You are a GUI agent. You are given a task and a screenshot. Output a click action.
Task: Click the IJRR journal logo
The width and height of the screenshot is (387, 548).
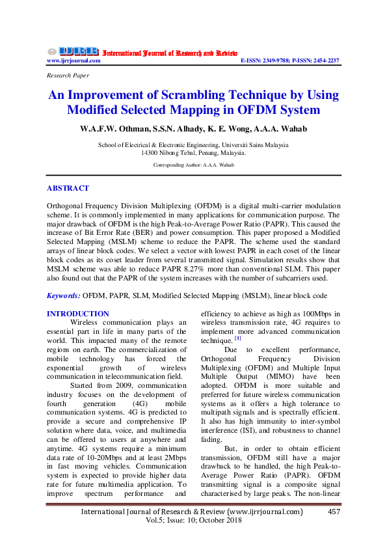point(72,51)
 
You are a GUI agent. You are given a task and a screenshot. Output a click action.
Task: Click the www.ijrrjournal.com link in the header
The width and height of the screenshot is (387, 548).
point(73,61)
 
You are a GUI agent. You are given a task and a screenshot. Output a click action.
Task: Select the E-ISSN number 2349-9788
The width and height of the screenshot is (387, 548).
point(274,61)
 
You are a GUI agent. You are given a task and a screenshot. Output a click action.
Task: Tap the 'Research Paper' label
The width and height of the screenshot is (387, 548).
point(68,75)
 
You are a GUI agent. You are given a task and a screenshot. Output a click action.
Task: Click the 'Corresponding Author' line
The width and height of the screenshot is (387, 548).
point(193,166)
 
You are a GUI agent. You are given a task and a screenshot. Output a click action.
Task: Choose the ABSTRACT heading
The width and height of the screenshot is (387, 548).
point(68,188)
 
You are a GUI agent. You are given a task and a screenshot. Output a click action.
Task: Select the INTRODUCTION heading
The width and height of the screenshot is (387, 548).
point(78,314)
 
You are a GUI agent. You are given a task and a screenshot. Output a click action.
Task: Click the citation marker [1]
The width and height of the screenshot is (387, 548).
point(238,338)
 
